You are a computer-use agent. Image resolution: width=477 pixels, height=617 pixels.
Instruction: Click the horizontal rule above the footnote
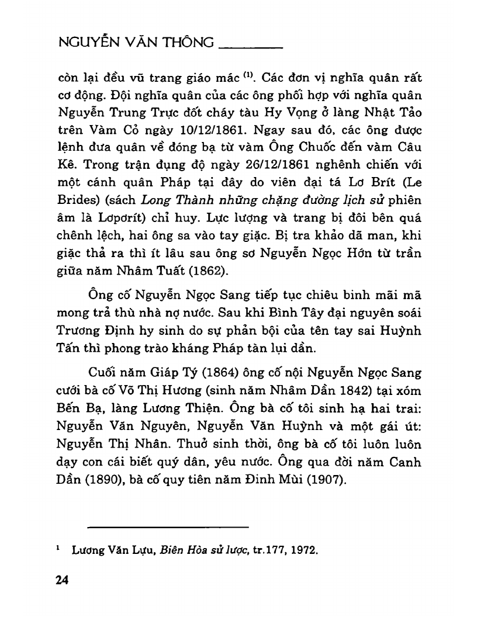pyautogui.click(x=168, y=527)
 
